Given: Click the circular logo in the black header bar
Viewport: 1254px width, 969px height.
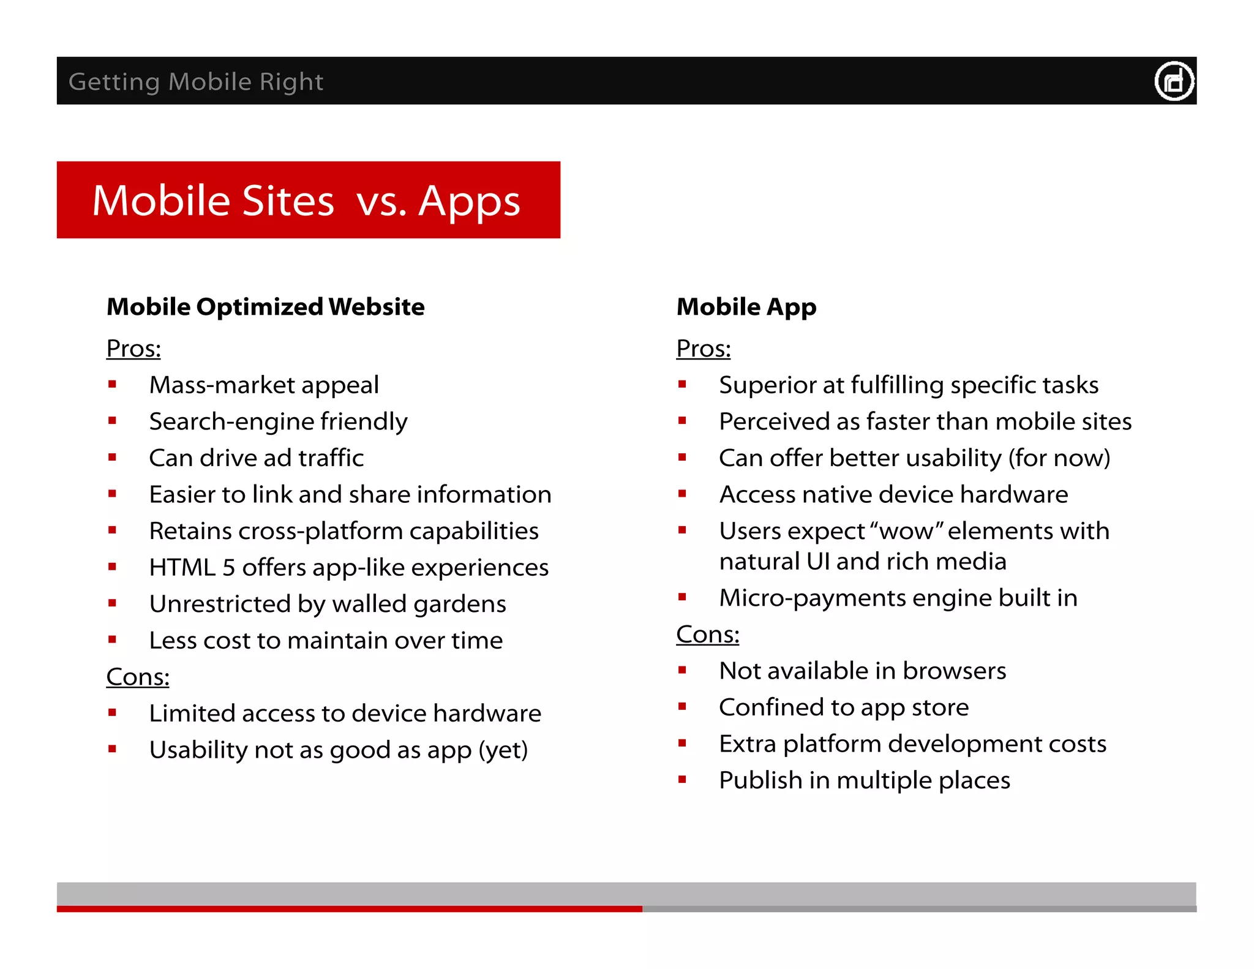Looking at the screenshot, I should [x=1174, y=81].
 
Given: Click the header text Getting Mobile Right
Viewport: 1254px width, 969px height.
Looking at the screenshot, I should [x=196, y=81].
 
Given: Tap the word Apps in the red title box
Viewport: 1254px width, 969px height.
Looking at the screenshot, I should [x=469, y=202].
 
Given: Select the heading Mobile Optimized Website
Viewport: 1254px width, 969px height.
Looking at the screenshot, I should [x=265, y=307].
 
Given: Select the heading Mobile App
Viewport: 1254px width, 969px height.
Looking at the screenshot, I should [x=746, y=307].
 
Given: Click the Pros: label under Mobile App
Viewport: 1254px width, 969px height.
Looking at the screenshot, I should [x=703, y=349].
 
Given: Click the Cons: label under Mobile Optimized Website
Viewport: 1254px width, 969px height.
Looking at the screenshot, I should [x=138, y=677].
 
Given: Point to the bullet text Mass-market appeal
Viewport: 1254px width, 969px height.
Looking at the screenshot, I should [x=264, y=385].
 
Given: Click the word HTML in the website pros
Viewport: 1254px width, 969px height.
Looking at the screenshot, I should [x=182, y=567].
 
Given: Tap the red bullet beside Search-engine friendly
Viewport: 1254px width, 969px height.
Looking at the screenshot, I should [x=112, y=421].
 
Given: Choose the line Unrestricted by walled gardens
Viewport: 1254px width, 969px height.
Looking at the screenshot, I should [x=328, y=604].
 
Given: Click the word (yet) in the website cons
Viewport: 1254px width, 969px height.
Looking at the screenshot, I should [x=503, y=750].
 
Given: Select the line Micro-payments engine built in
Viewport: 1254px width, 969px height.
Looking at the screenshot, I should [x=898, y=598].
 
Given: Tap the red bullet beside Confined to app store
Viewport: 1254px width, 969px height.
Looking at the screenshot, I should [x=682, y=706].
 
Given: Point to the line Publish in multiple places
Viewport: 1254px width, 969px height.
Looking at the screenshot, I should [x=864, y=780].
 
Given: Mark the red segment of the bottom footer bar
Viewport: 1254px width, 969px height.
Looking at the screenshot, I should [x=349, y=909].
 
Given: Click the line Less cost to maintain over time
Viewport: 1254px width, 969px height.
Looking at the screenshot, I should [x=326, y=641].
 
